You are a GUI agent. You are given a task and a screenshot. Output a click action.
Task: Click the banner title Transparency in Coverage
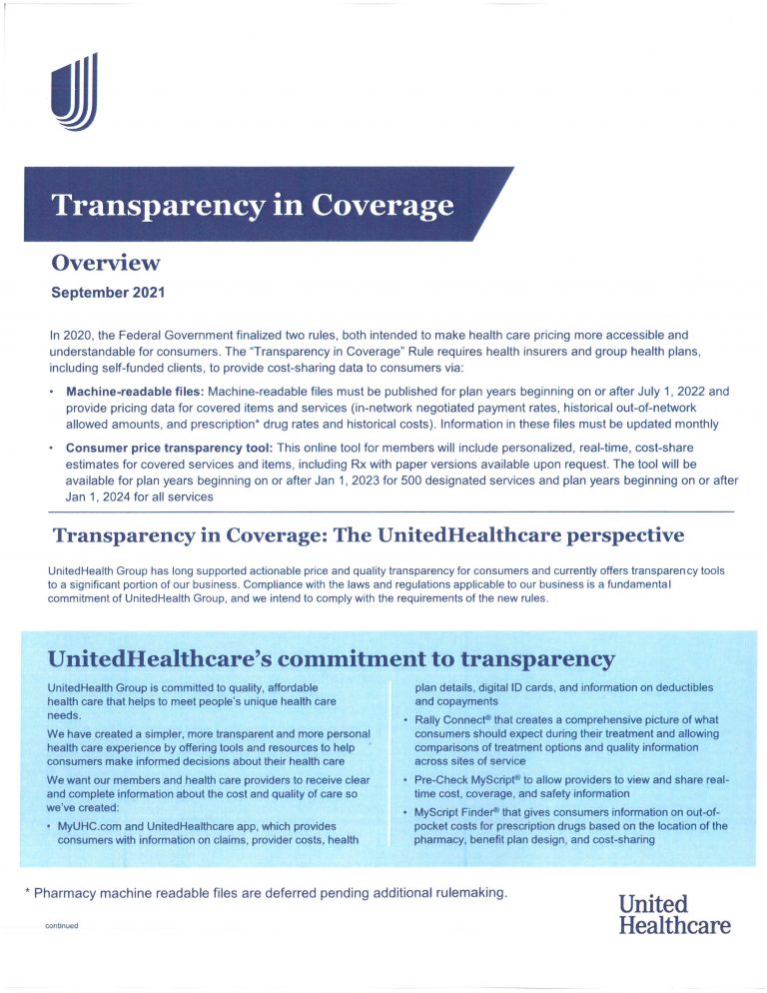click(x=253, y=205)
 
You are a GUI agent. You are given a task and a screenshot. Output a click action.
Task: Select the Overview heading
click(x=105, y=264)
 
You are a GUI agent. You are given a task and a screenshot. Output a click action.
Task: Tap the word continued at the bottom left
click(x=61, y=926)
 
